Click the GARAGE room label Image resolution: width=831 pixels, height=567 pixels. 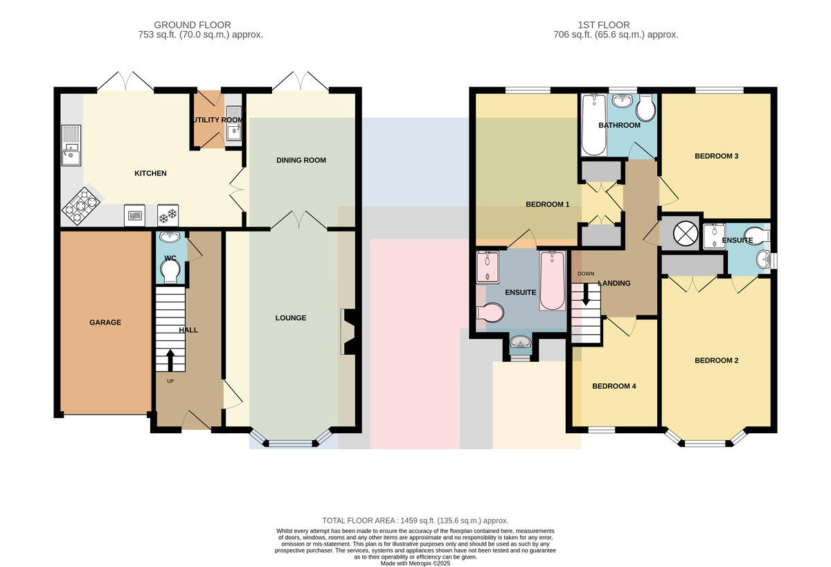pos(105,322)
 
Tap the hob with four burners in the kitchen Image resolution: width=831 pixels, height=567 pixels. pos(81,206)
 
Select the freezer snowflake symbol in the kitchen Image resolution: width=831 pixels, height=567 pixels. pos(168,216)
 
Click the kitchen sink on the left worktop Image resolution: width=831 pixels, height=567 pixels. pos(71,145)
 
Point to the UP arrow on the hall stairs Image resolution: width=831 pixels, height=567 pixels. pos(170,360)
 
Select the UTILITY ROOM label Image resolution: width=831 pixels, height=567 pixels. pos(217,120)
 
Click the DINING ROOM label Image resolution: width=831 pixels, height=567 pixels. pos(301,160)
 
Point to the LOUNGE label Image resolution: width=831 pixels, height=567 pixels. pos(291,318)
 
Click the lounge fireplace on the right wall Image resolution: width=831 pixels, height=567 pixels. pos(349,331)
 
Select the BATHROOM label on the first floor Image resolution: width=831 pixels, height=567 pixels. pos(620,125)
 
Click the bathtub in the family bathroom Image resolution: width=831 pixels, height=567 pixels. pos(594,125)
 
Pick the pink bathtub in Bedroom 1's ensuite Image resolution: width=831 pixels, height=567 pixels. pos(553,281)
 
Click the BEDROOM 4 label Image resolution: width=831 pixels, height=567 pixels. pos(614,386)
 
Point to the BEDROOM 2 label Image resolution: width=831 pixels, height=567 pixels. pos(716,360)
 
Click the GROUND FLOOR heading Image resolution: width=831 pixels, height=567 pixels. pos(193,25)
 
